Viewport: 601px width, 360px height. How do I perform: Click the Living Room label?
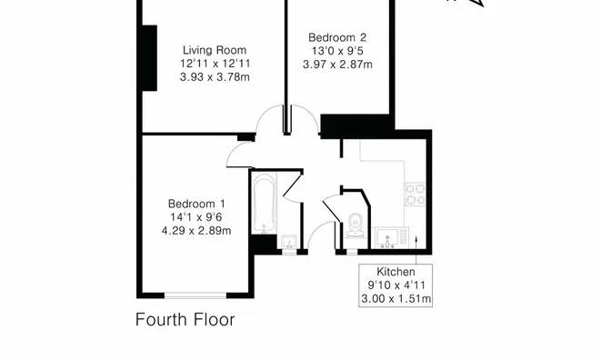coord(215,50)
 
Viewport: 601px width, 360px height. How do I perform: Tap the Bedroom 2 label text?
coord(337,37)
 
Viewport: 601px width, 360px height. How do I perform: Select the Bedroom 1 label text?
coord(196,204)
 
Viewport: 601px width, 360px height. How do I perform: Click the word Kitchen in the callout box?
coord(396,272)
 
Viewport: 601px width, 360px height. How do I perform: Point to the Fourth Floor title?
coord(185,319)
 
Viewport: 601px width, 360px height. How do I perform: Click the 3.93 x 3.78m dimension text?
coord(215,77)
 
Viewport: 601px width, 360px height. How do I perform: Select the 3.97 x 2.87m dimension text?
coord(337,65)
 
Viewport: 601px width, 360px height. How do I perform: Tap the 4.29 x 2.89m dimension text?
coord(196,231)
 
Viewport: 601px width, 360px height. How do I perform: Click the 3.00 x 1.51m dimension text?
coord(396,299)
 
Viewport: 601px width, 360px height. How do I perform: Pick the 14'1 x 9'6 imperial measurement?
coord(196,217)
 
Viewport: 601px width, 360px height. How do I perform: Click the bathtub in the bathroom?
coord(264,204)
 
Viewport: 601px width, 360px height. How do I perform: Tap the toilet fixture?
coord(355,225)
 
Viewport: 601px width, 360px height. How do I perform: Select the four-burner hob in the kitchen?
coord(415,195)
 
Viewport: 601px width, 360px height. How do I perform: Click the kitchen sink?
coord(387,238)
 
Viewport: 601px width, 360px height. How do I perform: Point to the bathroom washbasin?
coord(289,243)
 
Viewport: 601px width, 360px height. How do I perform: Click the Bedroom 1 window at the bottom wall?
coord(195,295)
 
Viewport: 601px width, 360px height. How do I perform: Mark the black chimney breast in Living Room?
coord(149,58)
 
